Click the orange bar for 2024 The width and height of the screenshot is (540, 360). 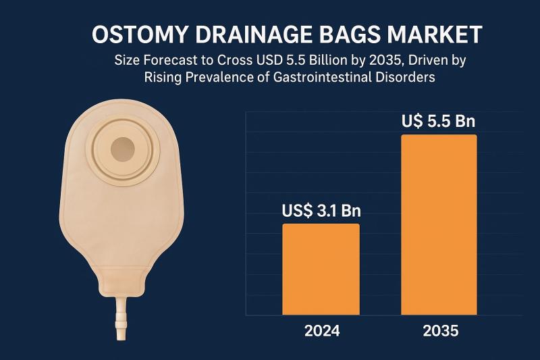[x=321, y=269]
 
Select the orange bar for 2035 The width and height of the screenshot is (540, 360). [x=439, y=224]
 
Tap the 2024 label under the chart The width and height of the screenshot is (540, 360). [x=322, y=332]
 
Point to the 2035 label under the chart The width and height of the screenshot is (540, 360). [x=439, y=332]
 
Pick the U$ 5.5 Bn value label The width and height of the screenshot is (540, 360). [x=439, y=122]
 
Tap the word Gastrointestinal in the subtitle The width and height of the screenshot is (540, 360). [x=342, y=77]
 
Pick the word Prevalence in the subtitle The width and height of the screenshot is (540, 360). [x=218, y=77]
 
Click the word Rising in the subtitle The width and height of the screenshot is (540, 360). [x=162, y=77]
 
